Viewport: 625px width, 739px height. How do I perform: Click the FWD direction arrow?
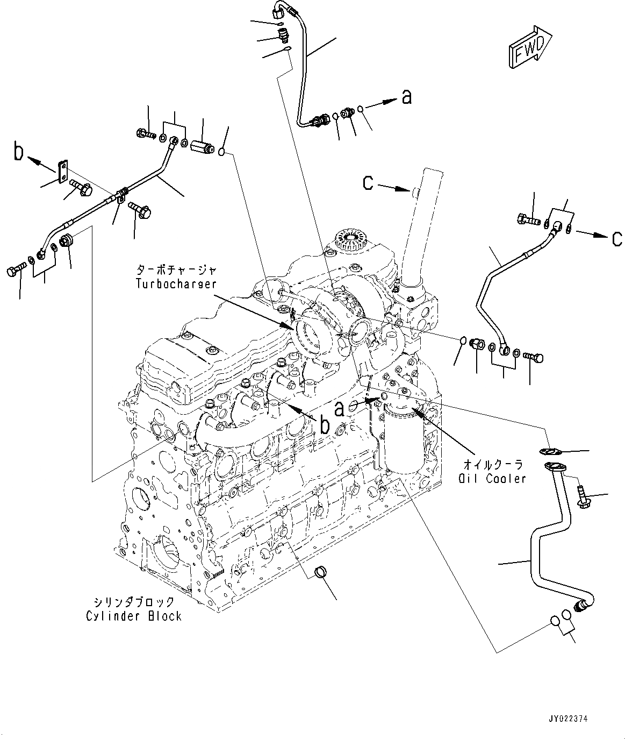[529, 48]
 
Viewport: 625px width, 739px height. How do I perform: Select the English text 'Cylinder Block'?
[134, 616]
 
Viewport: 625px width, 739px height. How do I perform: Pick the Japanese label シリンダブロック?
[133, 602]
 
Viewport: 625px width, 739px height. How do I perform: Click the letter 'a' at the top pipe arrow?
[407, 97]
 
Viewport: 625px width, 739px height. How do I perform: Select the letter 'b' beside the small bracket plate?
[19, 153]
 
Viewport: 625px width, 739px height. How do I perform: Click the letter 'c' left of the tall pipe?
[368, 183]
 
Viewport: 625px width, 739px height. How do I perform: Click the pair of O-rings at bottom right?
[562, 618]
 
